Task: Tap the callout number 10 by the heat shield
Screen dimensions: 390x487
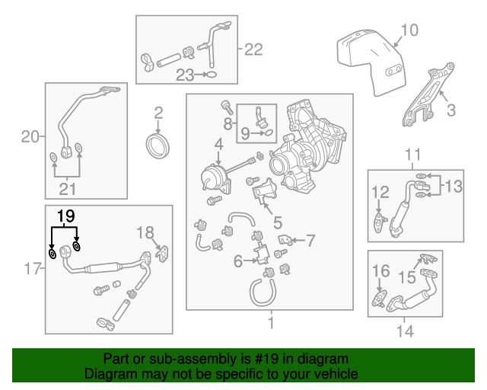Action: pyautogui.click(x=409, y=30)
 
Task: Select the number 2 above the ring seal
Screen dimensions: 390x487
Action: pyautogui.click(x=158, y=113)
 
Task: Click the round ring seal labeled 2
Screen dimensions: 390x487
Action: pyautogui.click(x=158, y=145)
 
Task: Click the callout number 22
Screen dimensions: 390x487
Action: pyautogui.click(x=253, y=50)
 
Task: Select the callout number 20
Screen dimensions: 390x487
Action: pyautogui.click(x=30, y=137)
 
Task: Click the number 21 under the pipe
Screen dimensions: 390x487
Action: pyautogui.click(x=67, y=189)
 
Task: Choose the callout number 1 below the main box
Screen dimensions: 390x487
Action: pyautogui.click(x=269, y=324)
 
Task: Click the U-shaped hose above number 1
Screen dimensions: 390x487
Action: pyautogui.click(x=261, y=292)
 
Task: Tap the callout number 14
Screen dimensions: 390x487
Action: pyautogui.click(x=405, y=331)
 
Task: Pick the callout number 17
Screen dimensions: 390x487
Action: pyautogui.click(x=30, y=267)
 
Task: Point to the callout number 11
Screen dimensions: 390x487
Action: pyautogui.click(x=412, y=155)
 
